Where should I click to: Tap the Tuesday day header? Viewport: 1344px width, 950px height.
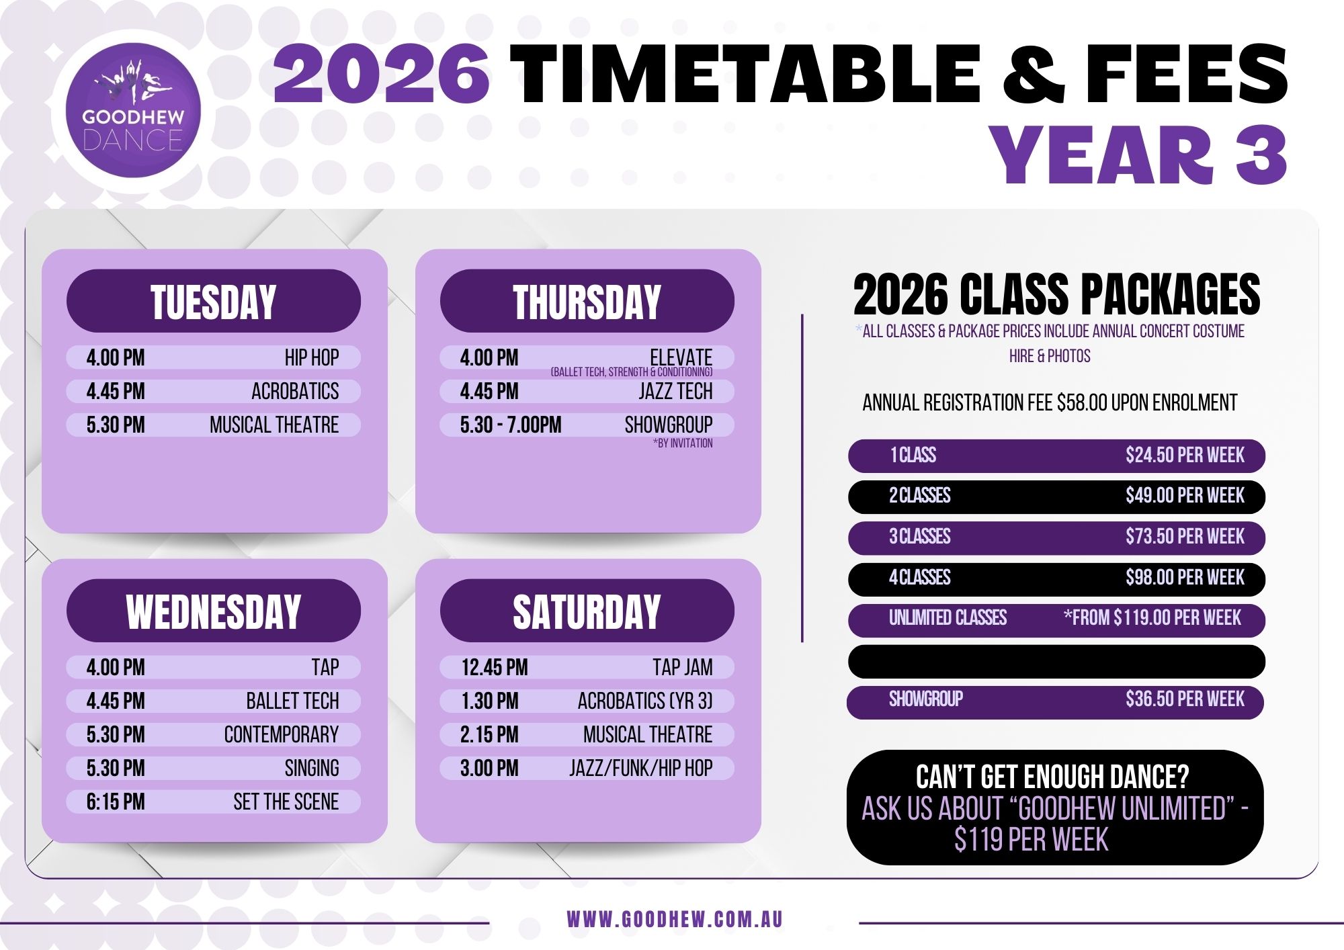point(214,301)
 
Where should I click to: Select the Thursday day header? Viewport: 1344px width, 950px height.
point(587,301)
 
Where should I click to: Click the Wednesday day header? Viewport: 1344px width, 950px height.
point(214,611)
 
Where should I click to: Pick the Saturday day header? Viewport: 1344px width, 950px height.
point(587,611)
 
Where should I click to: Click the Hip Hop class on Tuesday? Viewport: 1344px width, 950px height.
point(312,357)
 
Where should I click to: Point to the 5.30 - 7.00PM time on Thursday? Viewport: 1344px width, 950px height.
point(511,425)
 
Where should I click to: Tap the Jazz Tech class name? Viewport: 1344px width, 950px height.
point(675,391)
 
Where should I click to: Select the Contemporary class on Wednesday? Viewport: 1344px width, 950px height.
point(282,734)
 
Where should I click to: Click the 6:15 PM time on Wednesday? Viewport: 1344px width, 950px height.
point(116,802)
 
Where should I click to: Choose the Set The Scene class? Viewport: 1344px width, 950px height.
point(286,802)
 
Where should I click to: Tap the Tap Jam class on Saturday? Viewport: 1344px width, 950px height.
point(683,667)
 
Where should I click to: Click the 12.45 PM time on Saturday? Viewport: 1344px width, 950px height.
point(495,667)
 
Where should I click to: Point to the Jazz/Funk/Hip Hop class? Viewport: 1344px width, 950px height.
point(641,768)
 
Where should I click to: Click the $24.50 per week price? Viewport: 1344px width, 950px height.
point(1185,456)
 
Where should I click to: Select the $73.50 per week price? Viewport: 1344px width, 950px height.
point(1185,537)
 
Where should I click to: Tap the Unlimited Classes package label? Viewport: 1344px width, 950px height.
point(948,618)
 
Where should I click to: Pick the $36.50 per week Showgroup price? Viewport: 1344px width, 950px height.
point(1185,699)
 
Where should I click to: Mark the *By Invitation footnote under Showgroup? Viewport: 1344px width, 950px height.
point(683,443)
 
